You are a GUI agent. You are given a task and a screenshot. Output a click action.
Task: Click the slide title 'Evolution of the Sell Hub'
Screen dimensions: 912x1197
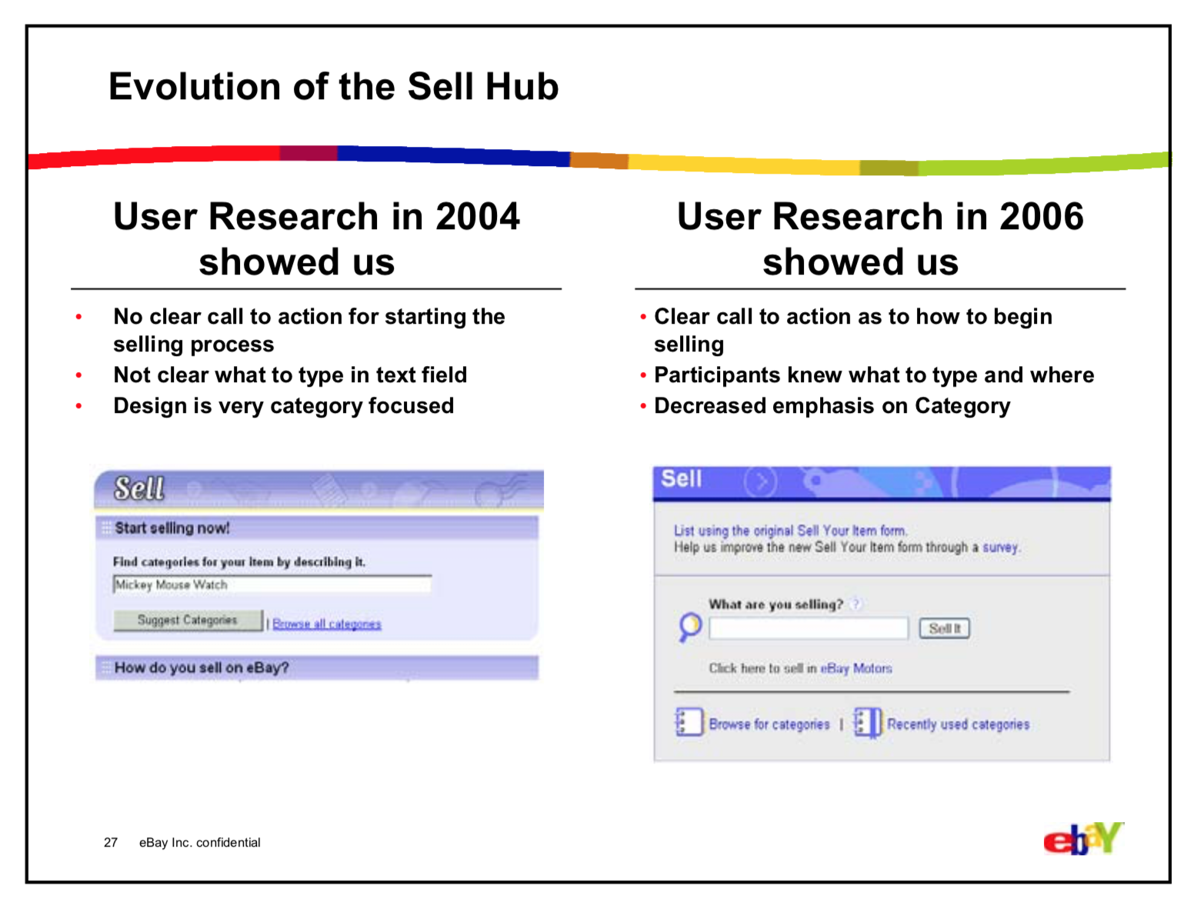coord(333,86)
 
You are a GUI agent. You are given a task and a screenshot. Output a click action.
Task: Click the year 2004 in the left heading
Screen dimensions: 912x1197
coord(477,217)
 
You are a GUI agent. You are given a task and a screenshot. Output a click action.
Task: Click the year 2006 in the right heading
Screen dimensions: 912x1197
coord(1041,217)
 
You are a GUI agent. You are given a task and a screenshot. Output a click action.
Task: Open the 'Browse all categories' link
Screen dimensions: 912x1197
coord(326,624)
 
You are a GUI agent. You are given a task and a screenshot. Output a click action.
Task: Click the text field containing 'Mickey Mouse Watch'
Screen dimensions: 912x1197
coord(272,585)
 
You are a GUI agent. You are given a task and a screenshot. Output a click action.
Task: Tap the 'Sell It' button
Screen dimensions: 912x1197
coord(944,628)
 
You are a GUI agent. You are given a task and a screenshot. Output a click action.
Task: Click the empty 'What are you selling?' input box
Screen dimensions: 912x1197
coord(808,628)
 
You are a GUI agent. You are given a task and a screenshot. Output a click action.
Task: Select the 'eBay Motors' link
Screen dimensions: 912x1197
coord(855,668)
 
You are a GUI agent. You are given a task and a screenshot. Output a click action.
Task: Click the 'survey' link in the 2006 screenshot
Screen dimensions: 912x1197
coord(999,548)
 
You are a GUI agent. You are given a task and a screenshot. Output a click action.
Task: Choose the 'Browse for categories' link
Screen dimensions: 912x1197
coord(769,724)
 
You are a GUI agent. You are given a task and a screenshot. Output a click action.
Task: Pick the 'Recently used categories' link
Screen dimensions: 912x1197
coord(957,724)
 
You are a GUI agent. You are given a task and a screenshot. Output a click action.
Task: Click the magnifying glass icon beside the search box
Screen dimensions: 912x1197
coord(690,626)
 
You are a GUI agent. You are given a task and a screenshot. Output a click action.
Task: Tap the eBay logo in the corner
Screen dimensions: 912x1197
coord(1082,839)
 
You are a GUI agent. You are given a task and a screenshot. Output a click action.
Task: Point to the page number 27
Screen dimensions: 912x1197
coord(111,843)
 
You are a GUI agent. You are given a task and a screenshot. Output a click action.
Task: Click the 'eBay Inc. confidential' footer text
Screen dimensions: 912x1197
coord(199,843)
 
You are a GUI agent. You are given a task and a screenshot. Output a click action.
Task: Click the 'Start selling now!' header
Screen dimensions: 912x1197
coord(172,528)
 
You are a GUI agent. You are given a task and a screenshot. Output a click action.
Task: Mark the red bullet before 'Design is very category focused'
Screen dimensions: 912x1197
coord(78,406)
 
